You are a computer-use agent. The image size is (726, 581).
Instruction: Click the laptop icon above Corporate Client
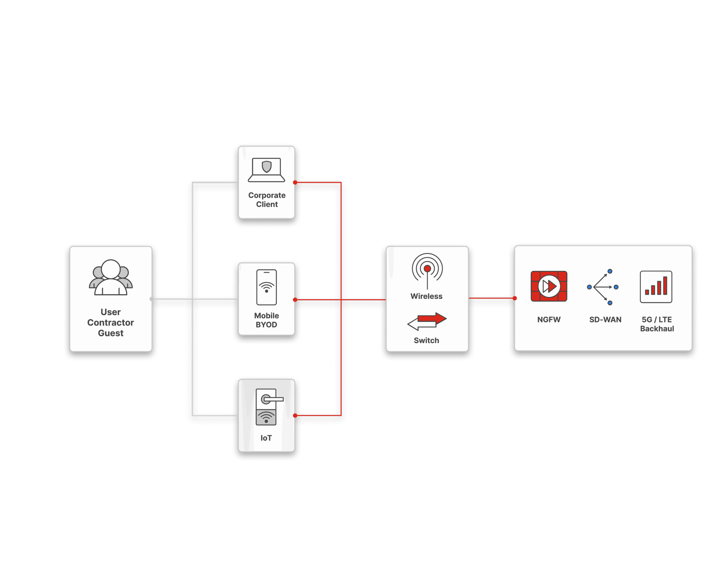point(266,170)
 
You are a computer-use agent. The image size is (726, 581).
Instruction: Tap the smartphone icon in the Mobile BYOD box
point(266,287)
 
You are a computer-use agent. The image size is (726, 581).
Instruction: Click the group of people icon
point(111,277)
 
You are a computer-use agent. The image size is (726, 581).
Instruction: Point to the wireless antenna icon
point(427,270)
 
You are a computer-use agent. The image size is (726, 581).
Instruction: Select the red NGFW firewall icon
point(549,286)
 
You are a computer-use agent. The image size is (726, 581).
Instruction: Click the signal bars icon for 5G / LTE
point(656,287)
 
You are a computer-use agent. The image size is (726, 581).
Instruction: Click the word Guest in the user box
point(111,333)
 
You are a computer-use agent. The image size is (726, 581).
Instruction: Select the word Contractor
point(111,323)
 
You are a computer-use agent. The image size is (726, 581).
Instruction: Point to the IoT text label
point(266,438)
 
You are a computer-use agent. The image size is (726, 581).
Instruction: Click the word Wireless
point(426,296)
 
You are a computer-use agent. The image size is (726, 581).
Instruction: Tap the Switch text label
point(426,340)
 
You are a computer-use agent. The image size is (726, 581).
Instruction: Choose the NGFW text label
point(549,320)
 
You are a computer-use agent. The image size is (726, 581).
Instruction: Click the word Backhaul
point(657,329)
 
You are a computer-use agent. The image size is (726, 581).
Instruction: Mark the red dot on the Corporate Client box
point(295,182)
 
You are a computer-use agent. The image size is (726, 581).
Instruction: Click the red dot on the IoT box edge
point(295,416)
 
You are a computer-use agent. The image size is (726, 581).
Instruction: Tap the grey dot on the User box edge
point(152,299)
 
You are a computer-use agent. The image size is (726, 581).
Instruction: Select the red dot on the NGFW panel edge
point(514,298)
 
